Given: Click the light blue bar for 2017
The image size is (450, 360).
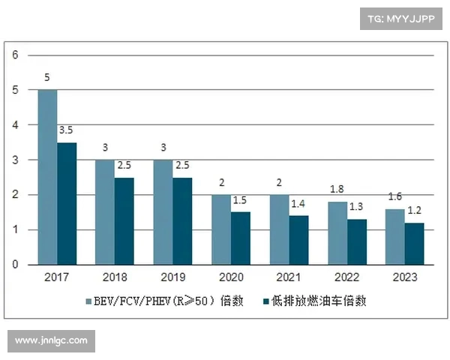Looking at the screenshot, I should click(47, 177).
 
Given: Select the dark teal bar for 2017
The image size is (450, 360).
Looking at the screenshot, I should click(67, 203).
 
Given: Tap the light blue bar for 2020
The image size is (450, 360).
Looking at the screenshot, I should click(220, 229).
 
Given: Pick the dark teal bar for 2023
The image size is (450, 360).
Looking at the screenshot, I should click(414, 244).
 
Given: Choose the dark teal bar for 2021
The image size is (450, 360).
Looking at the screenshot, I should click(298, 240).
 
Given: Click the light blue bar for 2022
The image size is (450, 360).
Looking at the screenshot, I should click(337, 233).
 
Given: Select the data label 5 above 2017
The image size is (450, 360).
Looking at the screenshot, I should click(47, 78).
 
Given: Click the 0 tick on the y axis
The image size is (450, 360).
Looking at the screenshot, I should click(15, 265).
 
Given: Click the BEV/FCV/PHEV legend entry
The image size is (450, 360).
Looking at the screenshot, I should click(160, 301).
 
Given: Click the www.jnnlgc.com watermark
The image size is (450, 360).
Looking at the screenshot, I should click(51, 341).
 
